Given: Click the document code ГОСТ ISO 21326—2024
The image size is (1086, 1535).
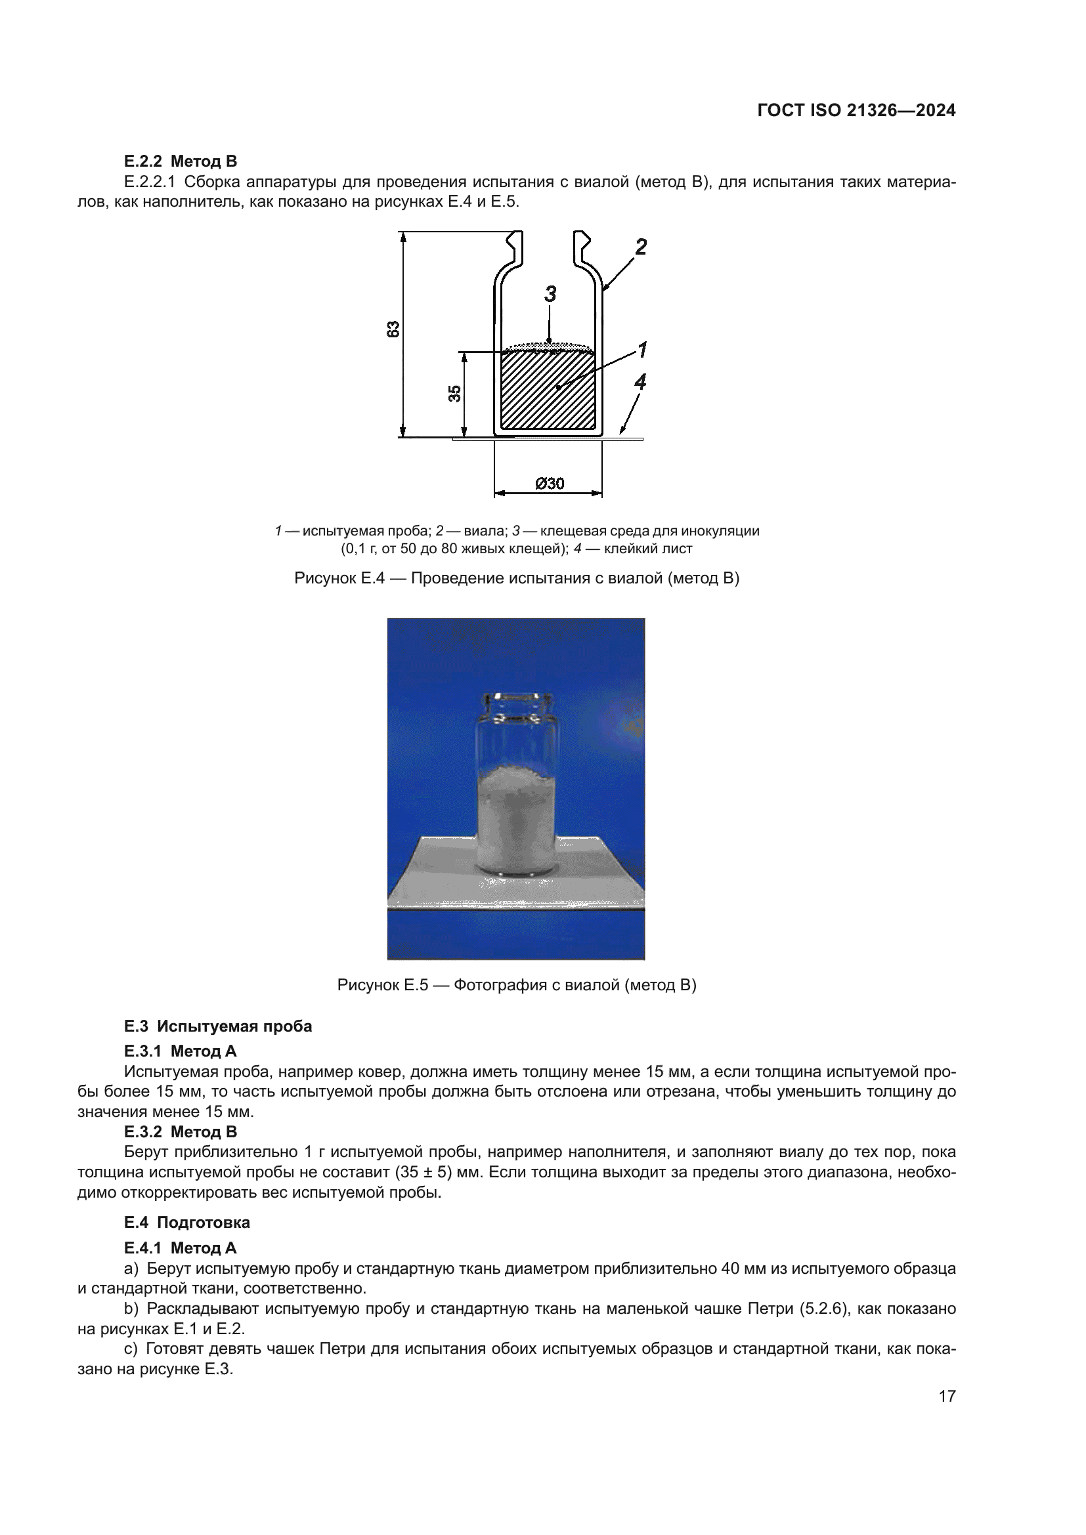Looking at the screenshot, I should click(x=856, y=111).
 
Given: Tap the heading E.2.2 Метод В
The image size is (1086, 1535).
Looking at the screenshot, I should click(x=181, y=161).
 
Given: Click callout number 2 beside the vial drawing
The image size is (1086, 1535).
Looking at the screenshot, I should click(x=641, y=247).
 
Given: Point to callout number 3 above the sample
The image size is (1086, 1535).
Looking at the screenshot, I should click(x=550, y=294).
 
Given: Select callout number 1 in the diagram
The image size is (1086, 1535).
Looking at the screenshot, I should click(x=642, y=350).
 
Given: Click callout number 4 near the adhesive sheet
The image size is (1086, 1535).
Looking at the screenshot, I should click(x=640, y=383).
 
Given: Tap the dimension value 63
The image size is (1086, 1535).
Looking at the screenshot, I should click(x=394, y=329).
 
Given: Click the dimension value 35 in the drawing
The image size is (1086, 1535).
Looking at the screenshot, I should click(x=455, y=394).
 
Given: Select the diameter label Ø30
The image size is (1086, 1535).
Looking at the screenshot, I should click(x=550, y=484).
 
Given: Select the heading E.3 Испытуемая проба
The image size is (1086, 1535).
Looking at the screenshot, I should click(x=218, y=1026).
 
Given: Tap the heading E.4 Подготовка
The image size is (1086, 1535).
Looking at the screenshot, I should click(x=186, y=1222).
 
